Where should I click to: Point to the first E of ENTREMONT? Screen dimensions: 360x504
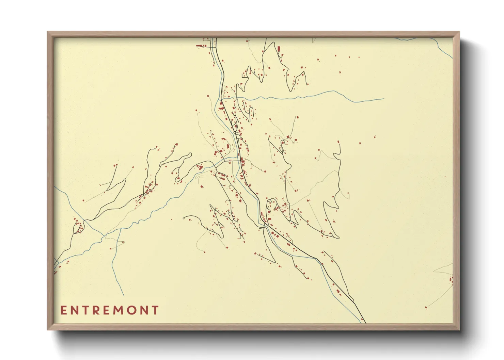tap(63, 310)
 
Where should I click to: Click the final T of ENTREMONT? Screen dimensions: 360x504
tap(156, 310)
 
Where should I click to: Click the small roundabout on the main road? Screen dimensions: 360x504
tap(235, 132)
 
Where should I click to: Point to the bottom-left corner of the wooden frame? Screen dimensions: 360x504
tap(48, 329)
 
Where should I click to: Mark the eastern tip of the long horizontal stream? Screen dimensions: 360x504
tap(384, 99)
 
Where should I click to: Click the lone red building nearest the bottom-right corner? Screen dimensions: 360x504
tap(426, 308)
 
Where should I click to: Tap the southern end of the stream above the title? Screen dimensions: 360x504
tap(124, 295)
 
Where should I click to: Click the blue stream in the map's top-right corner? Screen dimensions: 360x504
tap(443, 48)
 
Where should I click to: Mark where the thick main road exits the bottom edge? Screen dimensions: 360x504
tap(365, 323)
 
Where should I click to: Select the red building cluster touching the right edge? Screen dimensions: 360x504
tap(451, 280)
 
